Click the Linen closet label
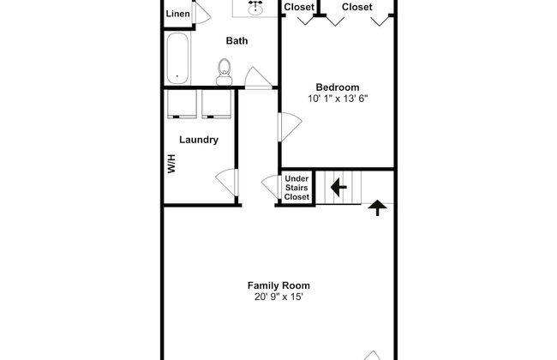tap(177, 14)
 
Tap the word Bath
tap(237, 41)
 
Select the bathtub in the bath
tap(177, 58)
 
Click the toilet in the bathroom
tap(225, 72)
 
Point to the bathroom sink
tap(255, 7)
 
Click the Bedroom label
tap(338, 87)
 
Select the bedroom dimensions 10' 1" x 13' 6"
tap(338, 99)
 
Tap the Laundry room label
tap(199, 140)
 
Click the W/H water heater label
tap(171, 164)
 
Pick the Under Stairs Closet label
tap(296, 188)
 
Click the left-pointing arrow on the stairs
tap(338, 187)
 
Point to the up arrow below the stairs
tap(377, 208)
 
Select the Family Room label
tap(278, 285)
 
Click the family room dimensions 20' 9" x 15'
tap(278, 297)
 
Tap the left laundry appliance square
tap(182, 104)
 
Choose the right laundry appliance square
tap(216, 104)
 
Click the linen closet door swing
tap(203, 15)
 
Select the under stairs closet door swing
tap(270, 185)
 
